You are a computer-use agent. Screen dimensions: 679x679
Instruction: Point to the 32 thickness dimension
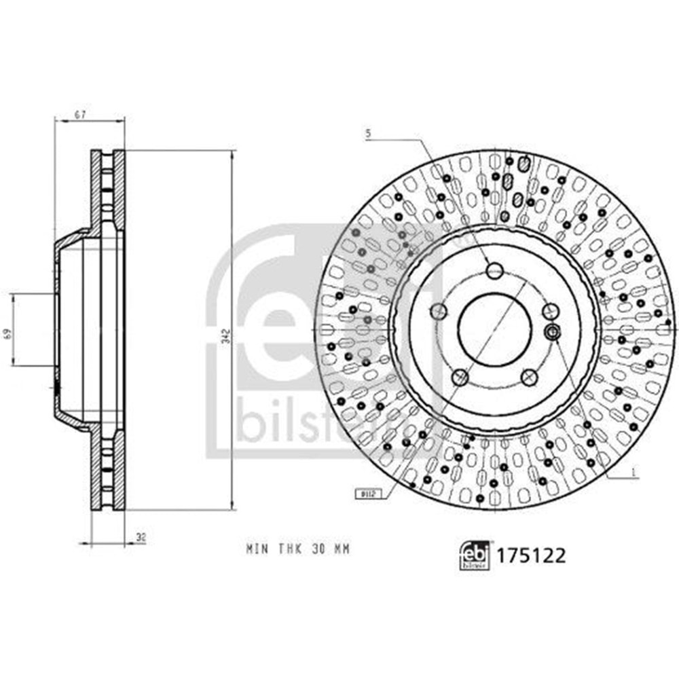141,538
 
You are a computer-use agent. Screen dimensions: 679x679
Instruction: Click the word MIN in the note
257,549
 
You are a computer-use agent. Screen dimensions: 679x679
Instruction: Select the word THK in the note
288,549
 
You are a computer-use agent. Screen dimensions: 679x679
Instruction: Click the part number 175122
532,556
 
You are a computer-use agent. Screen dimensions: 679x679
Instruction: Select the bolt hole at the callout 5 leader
495,271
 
